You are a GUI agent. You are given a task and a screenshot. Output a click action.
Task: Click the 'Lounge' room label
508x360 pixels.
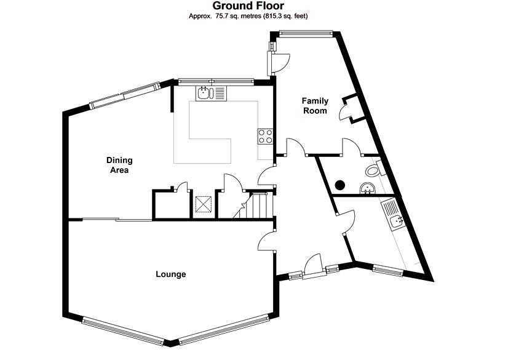pos(171,274)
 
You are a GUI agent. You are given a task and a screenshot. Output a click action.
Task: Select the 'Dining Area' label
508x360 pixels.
pos(119,165)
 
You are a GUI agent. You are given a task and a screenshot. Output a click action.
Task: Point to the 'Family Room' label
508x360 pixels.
pos(314,105)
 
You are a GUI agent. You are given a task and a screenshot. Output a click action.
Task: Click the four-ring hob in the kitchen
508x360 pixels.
pos(266,136)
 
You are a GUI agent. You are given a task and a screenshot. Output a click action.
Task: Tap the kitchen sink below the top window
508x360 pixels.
pos(212,94)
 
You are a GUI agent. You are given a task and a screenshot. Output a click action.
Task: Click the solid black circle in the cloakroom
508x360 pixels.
pos(339,183)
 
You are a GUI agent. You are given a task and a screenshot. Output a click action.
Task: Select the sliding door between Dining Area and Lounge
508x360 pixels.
pos(110,219)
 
